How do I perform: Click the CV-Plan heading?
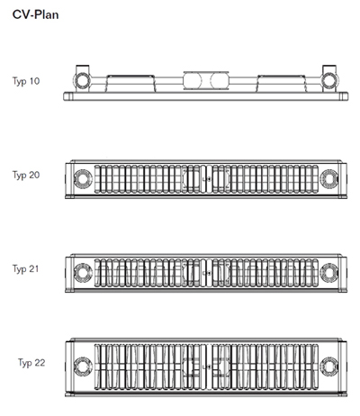pos(35,14)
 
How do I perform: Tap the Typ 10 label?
pos(26,81)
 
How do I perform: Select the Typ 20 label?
pos(26,175)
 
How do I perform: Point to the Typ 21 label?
pos(26,269)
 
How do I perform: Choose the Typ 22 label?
pos(31,363)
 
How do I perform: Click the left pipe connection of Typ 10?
pos(82,81)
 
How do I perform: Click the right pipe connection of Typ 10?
pos(329,81)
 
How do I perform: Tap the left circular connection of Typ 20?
pos(83,179)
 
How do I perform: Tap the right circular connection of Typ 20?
pos(329,179)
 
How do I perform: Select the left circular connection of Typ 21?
pos(83,273)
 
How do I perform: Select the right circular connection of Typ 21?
pos(329,273)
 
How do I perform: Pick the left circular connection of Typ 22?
pos(83,366)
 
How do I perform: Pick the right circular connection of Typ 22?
pos(329,366)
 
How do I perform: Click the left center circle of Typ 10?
pos(193,80)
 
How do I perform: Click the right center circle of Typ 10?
pos(220,80)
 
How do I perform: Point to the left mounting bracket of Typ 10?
pos(130,83)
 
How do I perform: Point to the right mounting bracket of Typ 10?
pos(281,83)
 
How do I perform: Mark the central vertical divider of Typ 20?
pos(203,179)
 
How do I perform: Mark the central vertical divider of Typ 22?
pos(203,366)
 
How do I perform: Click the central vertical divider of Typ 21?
pos(203,273)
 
